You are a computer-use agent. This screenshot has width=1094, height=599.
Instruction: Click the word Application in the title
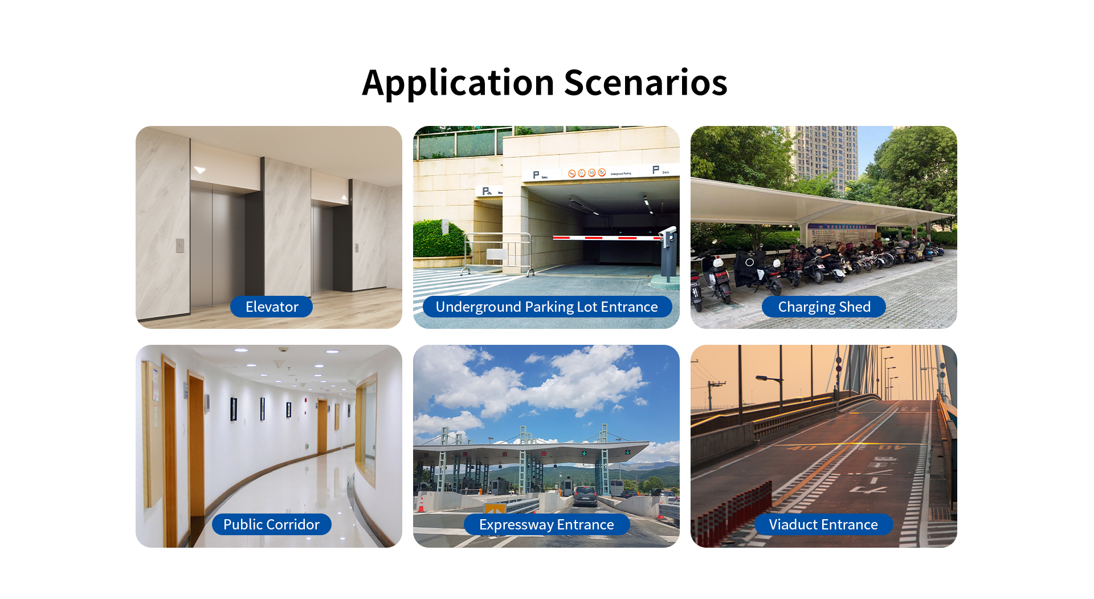coord(458,83)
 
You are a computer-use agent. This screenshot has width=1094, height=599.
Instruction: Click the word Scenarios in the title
coord(646,83)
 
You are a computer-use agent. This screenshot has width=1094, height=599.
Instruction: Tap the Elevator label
coord(272,307)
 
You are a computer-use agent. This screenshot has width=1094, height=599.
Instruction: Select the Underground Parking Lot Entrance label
coord(547,307)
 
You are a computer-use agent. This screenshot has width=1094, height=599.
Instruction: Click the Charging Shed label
coord(824,307)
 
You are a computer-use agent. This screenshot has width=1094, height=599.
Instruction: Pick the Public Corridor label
coord(271,524)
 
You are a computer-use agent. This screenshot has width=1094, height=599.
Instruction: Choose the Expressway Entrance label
coord(546,524)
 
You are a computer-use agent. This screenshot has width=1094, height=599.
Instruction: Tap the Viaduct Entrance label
coord(823,524)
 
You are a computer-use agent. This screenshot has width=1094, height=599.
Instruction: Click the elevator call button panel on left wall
coord(179,246)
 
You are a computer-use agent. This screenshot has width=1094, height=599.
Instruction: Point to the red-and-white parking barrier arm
coord(607,238)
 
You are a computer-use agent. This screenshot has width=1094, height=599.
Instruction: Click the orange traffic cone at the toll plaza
coord(421,504)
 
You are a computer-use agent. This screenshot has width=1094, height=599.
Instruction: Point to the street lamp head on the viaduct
coord(762,377)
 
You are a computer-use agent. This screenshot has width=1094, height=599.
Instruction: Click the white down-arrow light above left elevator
coord(199,170)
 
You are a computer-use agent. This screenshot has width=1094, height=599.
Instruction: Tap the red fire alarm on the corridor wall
coord(306,401)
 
